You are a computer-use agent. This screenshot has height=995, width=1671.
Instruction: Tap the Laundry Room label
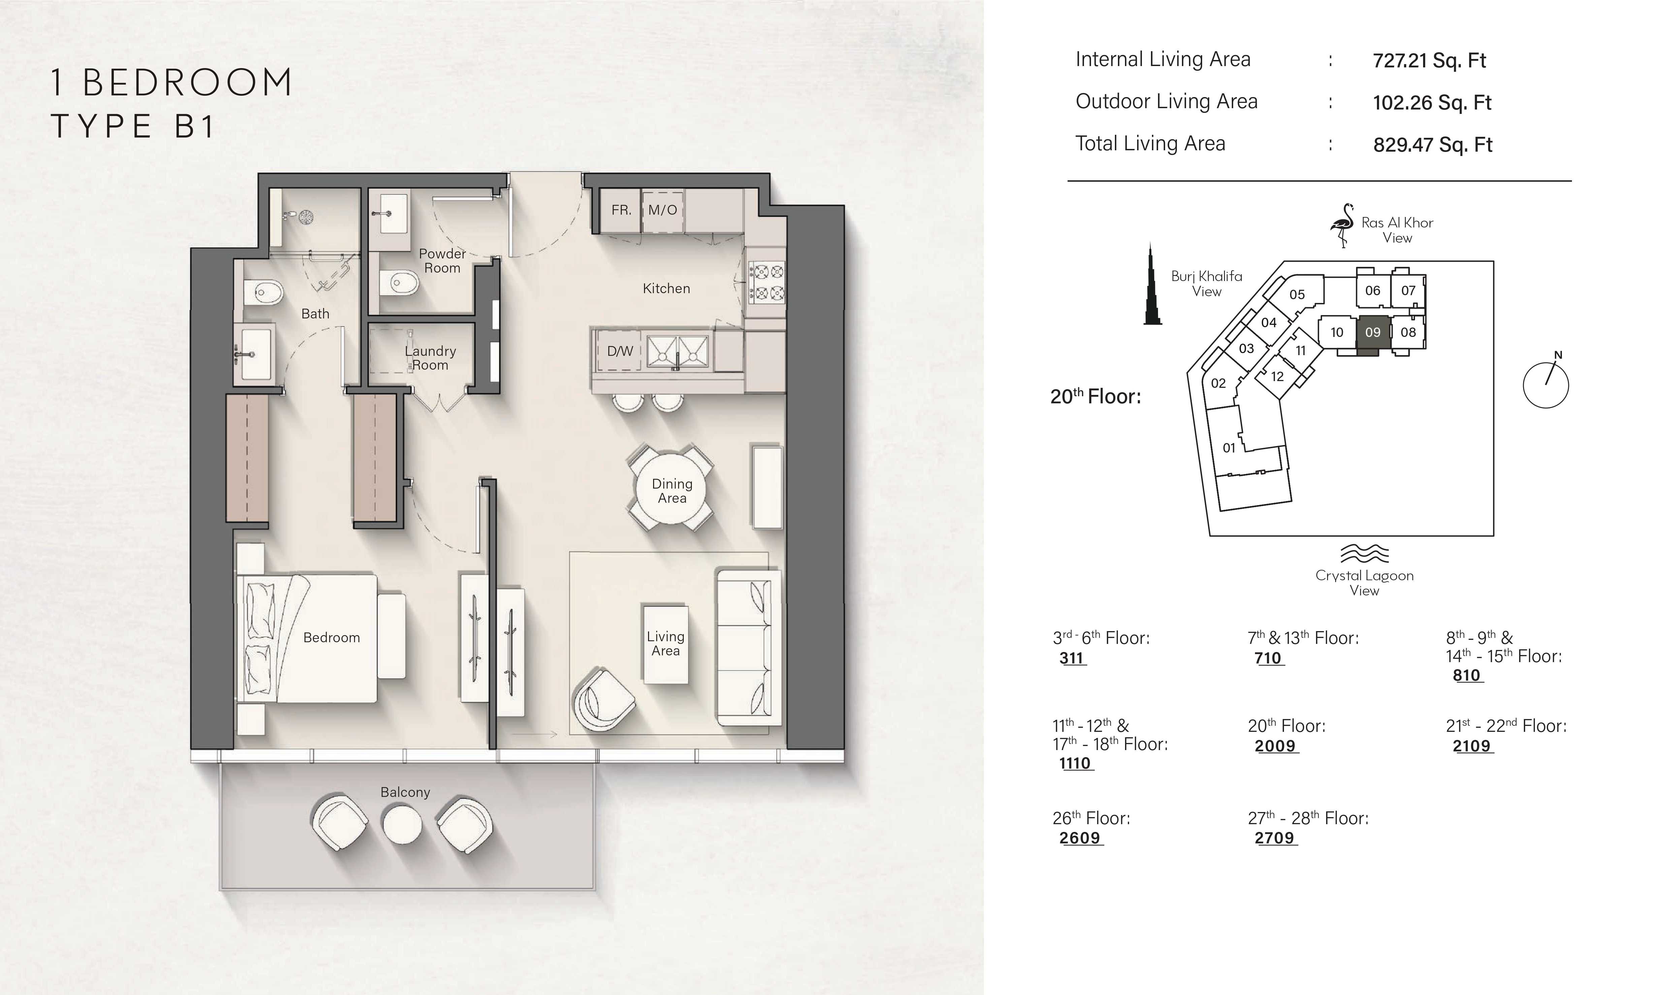430,358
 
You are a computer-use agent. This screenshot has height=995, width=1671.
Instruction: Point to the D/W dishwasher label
620,351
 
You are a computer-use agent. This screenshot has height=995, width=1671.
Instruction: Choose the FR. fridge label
621,210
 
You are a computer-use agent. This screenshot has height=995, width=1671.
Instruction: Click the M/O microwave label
662,210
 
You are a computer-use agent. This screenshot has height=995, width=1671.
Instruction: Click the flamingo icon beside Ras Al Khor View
1343,225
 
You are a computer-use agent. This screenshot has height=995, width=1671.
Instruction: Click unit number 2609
1080,838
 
